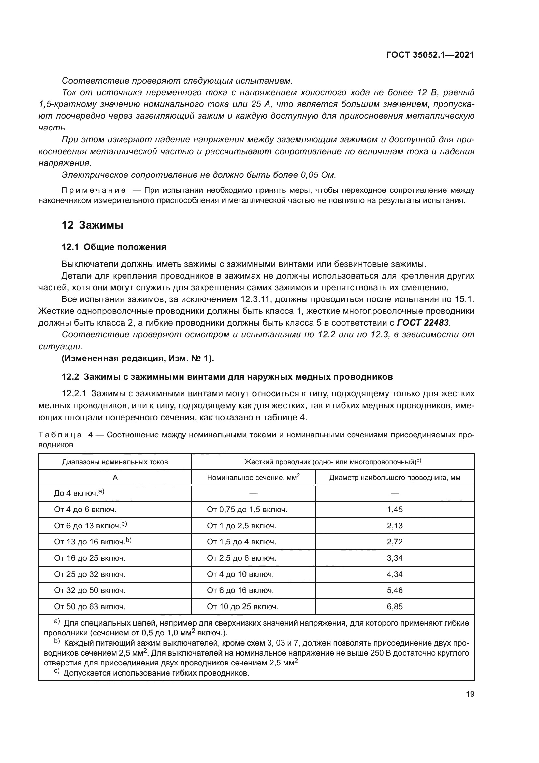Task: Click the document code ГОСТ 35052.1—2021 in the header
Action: tap(430, 55)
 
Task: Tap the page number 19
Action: tap(470, 694)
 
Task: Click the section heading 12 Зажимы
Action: tap(92, 225)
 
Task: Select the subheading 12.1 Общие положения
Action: tap(114, 247)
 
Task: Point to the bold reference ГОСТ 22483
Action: tap(423, 322)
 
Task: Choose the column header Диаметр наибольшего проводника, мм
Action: tap(395, 478)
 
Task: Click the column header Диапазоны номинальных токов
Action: tap(115, 462)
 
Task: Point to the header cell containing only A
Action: tap(115, 478)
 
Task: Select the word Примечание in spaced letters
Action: tap(94, 191)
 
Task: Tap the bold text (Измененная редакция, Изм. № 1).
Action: tap(138, 358)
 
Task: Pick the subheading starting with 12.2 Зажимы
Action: tap(227, 377)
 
